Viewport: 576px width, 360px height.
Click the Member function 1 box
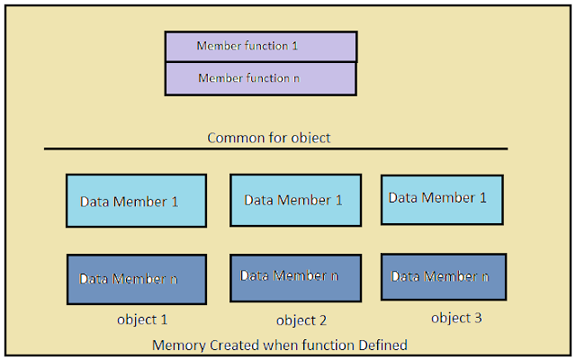coord(261,46)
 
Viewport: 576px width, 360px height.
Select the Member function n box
coord(261,78)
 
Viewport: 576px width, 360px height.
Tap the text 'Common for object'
coord(269,138)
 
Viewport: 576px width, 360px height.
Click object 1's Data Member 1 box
coord(136,201)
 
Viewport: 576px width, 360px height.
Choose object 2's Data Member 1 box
coord(296,200)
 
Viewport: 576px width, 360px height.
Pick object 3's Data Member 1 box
coord(442,199)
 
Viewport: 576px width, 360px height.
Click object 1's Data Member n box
coord(136,279)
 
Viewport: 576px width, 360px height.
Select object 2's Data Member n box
coord(296,277)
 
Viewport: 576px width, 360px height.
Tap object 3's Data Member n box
coord(444,275)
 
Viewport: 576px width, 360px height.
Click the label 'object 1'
coord(142,319)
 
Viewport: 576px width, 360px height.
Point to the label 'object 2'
coord(301,319)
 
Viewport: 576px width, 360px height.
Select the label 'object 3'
coord(456,317)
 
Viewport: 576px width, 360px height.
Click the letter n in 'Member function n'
coord(297,78)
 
